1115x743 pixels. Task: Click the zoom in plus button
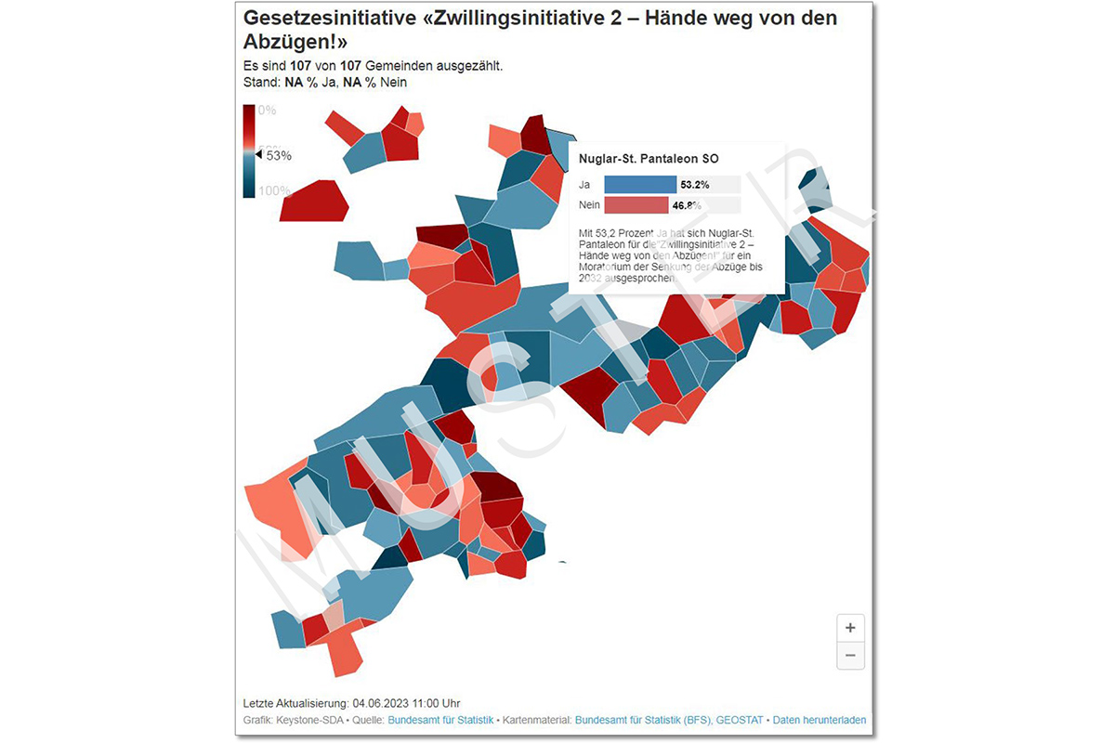pos(850,627)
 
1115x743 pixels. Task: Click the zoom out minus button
pos(850,655)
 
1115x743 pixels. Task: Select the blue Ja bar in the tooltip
pos(639,184)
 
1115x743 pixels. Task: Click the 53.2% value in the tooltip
pos(695,185)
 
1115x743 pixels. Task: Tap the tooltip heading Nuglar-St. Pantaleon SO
pos(648,159)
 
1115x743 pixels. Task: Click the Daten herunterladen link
pos(820,720)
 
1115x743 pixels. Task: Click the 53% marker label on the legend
pos(279,155)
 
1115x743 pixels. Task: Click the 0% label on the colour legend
pos(267,110)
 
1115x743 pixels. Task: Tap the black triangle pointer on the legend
pos(260,155)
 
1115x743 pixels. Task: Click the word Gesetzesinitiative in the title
pos(313,19)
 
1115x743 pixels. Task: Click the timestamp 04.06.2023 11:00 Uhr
pos(406,703)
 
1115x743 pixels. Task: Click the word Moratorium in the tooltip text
pos(607,267)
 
